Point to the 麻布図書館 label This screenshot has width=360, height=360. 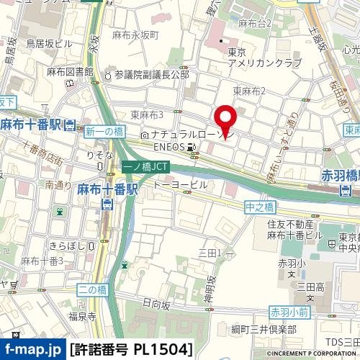click(71, 72)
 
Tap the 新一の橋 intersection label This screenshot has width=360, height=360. click(104, 131)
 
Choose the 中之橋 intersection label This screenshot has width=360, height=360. click(260, 207)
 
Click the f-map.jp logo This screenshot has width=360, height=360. click(32, 351)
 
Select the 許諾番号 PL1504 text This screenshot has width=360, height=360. click(132, 351)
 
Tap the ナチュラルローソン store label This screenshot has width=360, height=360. click(184, 135)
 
